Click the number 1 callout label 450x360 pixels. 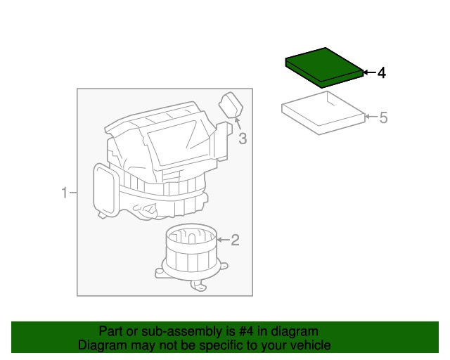(x=63, y=192)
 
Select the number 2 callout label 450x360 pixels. (x=236, y=240)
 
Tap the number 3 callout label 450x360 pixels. (x=243, y=139)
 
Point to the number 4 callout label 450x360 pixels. (x=382, y=72)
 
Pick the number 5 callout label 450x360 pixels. (x=383, y=117)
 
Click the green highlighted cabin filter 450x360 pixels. (x=323, y=66)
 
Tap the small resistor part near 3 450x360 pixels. (x=231, y=105)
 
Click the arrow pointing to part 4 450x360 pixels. (x=368, y=72)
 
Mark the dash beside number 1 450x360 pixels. (x=72, y=192)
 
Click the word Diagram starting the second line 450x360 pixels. (x=101, y=345)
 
